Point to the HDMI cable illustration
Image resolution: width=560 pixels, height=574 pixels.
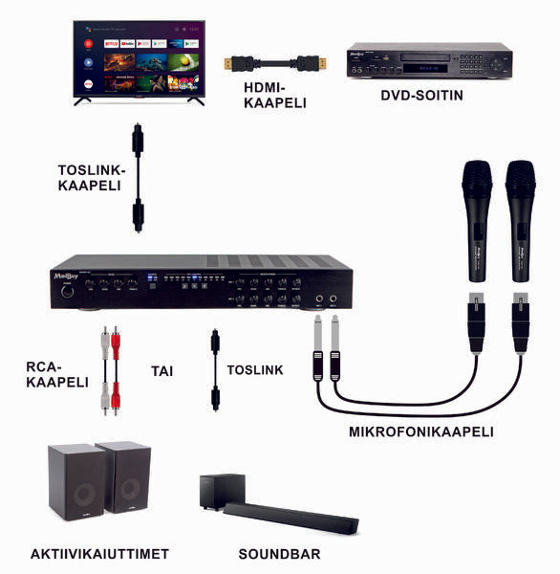click(272, 64)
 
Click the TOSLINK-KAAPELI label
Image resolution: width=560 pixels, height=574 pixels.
click(92, 177)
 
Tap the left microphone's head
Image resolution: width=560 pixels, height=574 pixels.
click(476, 179)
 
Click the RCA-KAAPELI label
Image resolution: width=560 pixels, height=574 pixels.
click(57, 373)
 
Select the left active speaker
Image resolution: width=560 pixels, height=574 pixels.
click(75, 482)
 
